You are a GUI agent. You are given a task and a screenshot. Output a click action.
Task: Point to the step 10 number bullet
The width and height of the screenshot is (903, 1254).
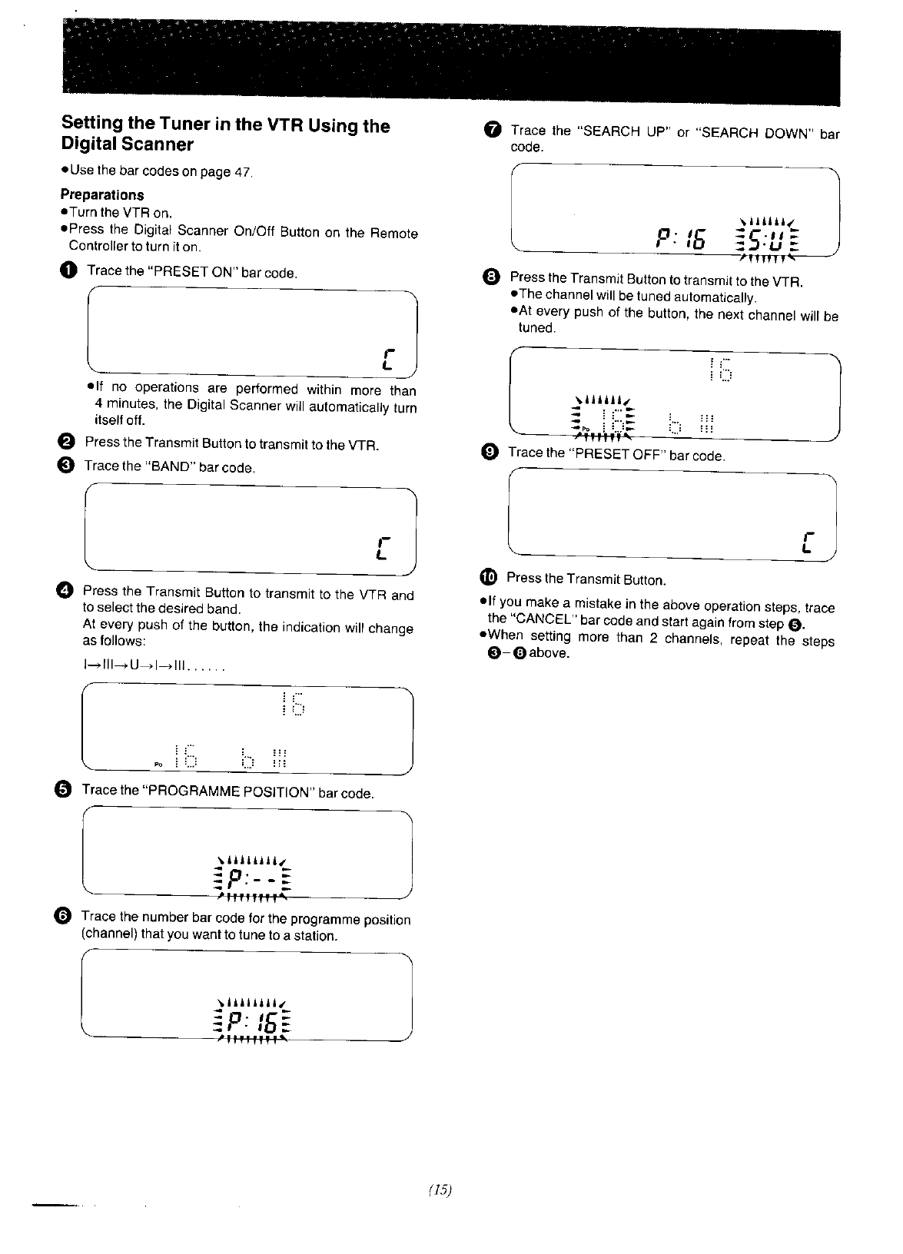click(489, 577)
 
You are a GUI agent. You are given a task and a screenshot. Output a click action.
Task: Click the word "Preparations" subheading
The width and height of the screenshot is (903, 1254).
click(102, 194)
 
